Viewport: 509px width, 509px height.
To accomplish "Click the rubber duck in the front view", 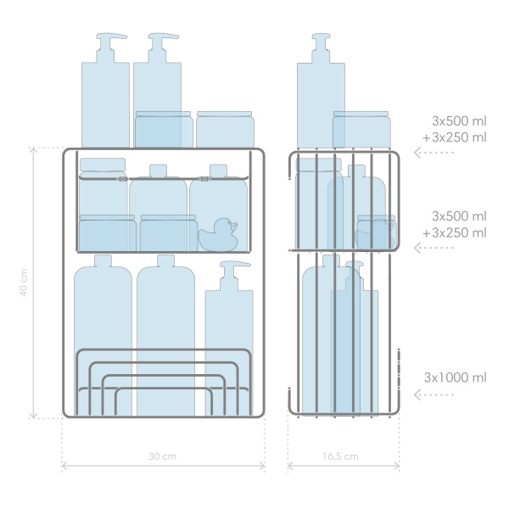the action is click(x=218, y=234).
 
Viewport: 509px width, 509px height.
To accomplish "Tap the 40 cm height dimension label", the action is click(x=24, y=282).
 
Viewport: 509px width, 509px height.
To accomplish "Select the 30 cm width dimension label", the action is click(x=162, y=456).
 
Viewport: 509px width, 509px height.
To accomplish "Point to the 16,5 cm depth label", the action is click(x=340, y=456).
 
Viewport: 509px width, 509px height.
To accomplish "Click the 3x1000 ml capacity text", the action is click(x=455, y=378).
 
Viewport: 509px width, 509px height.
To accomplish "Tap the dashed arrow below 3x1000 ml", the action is click(x=433, y=394).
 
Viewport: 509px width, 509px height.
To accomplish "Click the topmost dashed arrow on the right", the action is click(x=433, y=152).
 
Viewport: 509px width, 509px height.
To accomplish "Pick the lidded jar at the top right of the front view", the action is click(x=226, y=129).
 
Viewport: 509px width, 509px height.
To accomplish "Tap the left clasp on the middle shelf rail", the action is click(x=122, y=179).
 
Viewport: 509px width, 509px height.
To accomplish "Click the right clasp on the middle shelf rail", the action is click(x=204, y=179).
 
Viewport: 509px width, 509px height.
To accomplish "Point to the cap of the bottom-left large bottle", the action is click(x=103, y=260).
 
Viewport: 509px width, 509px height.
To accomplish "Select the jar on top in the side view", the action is click(x=361, y=129).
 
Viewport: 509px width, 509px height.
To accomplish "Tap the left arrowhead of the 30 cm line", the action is click(x=64, y=466).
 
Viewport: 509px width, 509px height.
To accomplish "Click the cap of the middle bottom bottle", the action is click(x=166, y=260).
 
